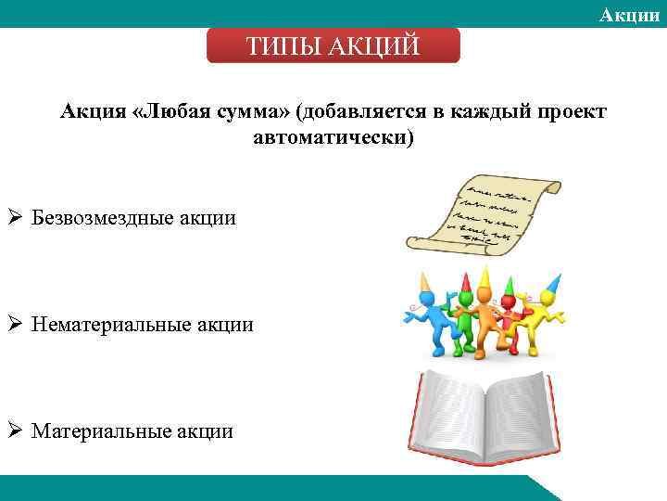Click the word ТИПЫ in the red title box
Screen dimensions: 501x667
(x=281, y=45)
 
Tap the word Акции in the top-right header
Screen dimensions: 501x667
(x=630, y=13)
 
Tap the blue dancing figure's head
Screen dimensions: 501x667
(x=427, y=300)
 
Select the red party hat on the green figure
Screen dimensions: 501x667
(x=460, y=278)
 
